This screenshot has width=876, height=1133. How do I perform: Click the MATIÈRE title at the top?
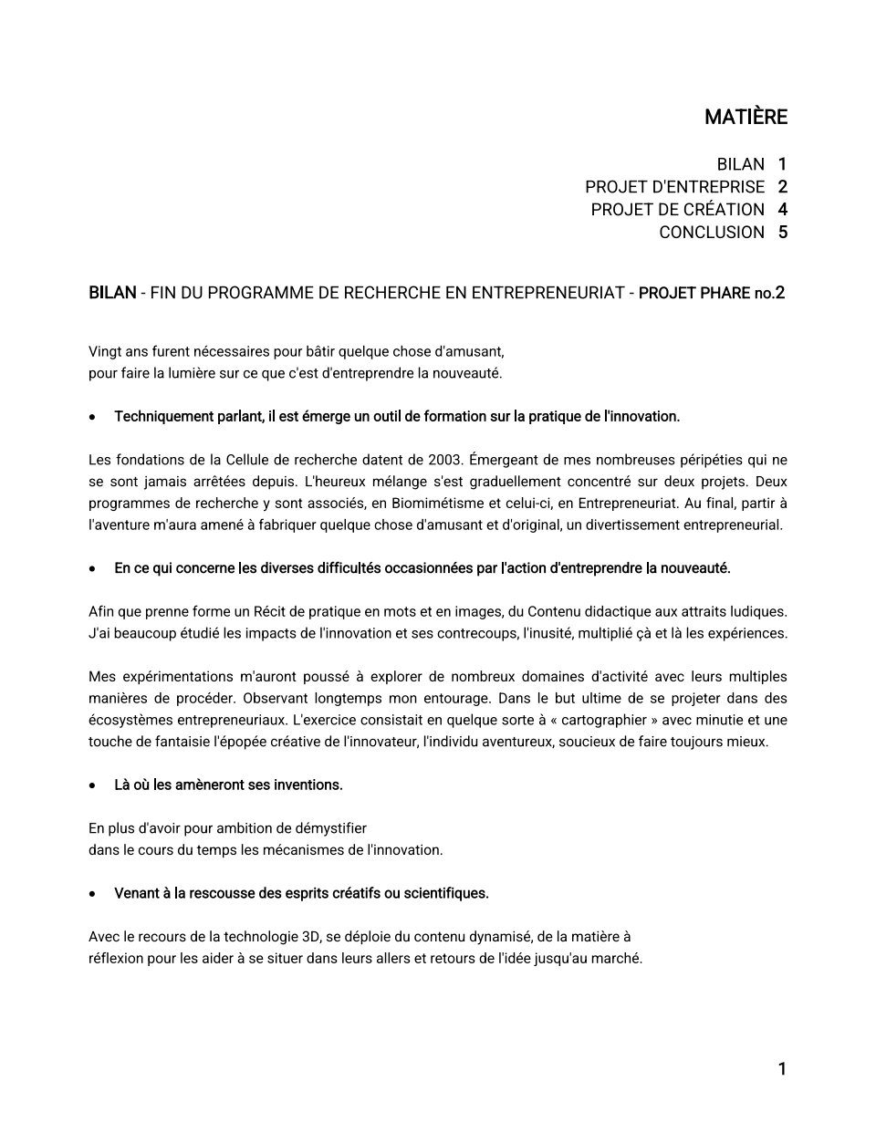[x=746, y=117]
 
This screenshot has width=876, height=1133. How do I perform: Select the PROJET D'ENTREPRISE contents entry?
[x=675, y=187]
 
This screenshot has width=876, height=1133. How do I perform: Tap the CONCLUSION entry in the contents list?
[x=712, y=233]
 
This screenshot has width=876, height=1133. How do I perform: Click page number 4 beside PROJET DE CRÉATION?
[x=782, y=210]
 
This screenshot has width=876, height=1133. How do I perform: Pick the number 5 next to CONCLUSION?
[x=782, y=233]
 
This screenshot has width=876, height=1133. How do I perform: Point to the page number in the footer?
[x=782, y=1069]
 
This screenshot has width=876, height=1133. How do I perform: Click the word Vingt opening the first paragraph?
[x=106, y=351]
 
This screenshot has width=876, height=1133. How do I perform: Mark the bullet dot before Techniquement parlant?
[x=93, y=418]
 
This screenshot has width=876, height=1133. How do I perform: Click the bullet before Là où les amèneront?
[x=93, y=785]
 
